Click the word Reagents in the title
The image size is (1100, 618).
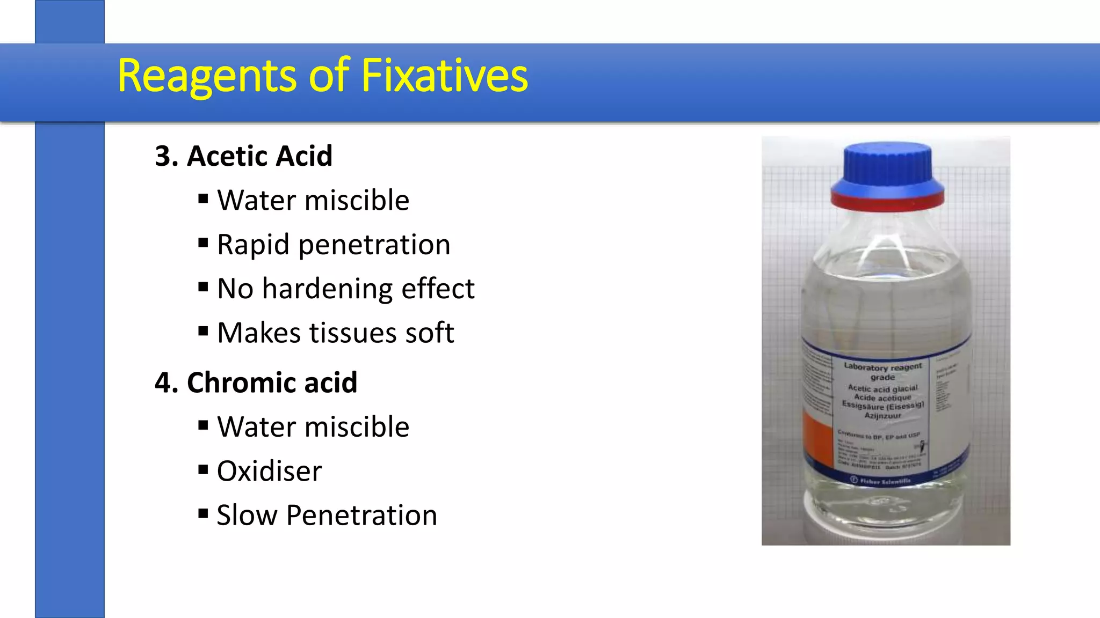point(206,76)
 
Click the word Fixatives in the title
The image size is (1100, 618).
point(445,76)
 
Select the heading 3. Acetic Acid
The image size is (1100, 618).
point(243,156)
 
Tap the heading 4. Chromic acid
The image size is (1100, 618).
point(256,382)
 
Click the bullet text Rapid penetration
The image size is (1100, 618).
point(333,245)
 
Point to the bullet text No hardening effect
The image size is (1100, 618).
point(345,289)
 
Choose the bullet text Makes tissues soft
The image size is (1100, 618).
point(335,333)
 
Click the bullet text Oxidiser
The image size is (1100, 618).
point(269,471)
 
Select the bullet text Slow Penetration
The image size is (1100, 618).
point(327,516)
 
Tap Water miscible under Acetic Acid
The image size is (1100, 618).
point(313,201)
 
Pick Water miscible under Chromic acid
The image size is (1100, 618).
point(313,427)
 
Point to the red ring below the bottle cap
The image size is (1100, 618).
point(887,200)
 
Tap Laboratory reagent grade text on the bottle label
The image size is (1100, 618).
point(882,371)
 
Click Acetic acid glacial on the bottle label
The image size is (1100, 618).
point(882,388)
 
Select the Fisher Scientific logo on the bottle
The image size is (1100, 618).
point(881,481)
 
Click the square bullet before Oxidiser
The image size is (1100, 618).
point(203,470)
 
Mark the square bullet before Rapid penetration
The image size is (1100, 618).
point(203,244)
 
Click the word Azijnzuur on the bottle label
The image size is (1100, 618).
point(882,415)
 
